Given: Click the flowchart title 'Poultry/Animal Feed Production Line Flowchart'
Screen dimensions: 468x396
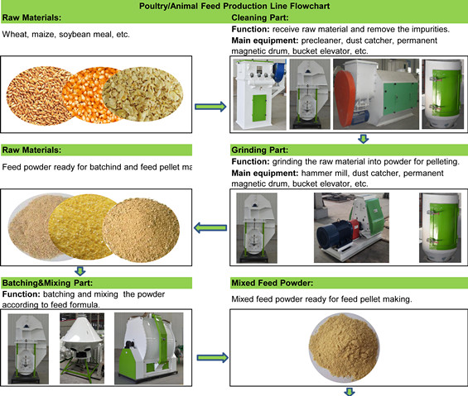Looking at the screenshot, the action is coord(234,6).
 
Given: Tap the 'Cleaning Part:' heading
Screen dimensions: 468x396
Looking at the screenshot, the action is coord(260,18).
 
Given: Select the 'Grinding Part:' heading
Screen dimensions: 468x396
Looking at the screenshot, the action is coord(260,150).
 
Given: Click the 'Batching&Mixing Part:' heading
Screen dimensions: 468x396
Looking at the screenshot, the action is coord(47,283).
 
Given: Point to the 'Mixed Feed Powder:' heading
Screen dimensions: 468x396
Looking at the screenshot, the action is coord(273,283).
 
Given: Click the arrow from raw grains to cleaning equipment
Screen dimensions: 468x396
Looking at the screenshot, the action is coord(210,107).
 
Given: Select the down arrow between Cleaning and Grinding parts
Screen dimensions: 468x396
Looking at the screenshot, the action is coord(364,139).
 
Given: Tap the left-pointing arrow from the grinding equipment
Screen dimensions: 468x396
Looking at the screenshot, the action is coord(210,228).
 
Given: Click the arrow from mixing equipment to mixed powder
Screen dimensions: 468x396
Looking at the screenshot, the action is coord(213,358).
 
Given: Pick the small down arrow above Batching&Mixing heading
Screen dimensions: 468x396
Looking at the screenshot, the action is coord(80,271).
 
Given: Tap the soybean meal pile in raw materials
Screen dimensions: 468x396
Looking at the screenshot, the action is coord(142,94).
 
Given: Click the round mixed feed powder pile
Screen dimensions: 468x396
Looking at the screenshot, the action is coord(344,348).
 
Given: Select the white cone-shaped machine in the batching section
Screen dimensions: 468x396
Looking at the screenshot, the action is coord(82,335).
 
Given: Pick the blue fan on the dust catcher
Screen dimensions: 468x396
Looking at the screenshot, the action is coord(279,72).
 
